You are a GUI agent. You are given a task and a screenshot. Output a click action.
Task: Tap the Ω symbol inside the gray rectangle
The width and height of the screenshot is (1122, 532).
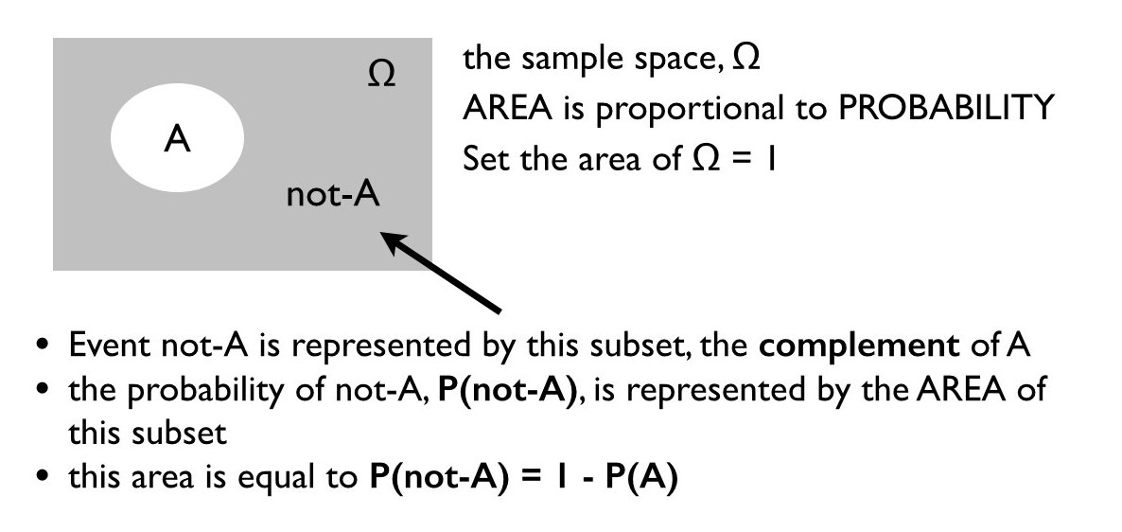380,76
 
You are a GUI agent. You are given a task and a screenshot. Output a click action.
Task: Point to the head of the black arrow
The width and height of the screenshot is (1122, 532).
388,237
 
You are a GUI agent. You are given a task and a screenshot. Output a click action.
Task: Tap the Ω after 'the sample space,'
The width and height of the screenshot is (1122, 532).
745,59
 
